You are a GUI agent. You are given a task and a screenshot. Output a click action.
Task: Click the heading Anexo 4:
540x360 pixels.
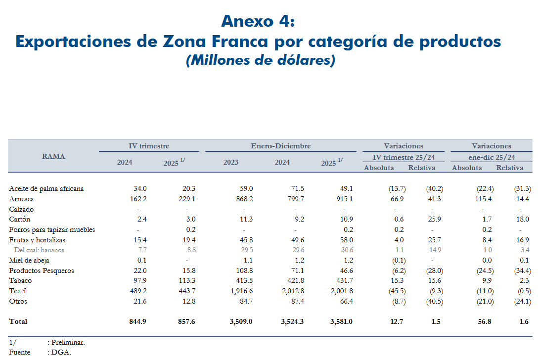pos(258,21)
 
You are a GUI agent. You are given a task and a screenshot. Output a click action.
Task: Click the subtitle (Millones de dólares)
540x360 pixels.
pos(261,60)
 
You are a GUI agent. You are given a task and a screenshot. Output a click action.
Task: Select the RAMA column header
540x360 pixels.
pos(53,156)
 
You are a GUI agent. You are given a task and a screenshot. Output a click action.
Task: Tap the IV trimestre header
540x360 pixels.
pos(149,146)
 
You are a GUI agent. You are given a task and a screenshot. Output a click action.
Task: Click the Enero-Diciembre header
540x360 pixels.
pos(280,146)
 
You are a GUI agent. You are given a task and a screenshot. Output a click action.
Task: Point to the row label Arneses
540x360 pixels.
pos(21,199)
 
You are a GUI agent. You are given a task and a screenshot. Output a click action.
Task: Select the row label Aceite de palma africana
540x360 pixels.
pos(46,188)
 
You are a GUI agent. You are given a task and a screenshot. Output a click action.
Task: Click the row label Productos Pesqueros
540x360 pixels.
pos(42,270)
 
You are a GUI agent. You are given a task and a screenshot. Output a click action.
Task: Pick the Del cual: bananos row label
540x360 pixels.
pos(39,250)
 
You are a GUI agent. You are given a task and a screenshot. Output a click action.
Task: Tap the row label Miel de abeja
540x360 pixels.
pos(29,260)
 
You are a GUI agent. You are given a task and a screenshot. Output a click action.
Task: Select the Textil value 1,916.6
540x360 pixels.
pos(241,291)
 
